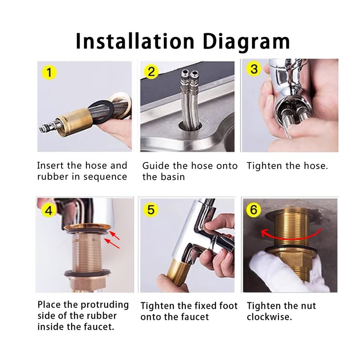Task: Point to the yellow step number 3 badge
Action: point(255,69)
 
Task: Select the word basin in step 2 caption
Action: point(171,177)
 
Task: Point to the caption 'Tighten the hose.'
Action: point(287,166)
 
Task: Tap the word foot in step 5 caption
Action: point(229,306)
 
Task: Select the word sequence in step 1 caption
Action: point(106,177)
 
